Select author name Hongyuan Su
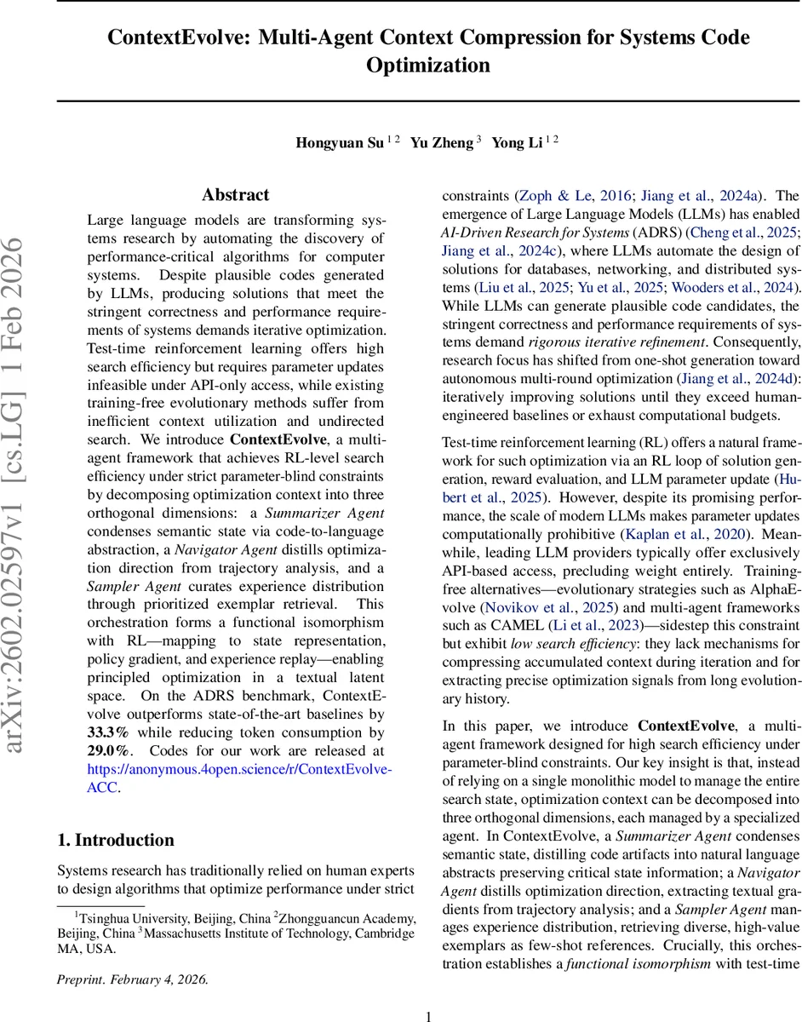[339, 143]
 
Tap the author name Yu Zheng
[441, 143]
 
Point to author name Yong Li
[517, 143]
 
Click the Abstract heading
[236, 195]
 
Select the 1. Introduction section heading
[116, 840]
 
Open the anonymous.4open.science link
[239, 769]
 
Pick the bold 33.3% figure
[108, 732]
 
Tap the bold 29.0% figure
[108, 751]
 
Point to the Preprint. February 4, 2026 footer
[132, 956]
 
